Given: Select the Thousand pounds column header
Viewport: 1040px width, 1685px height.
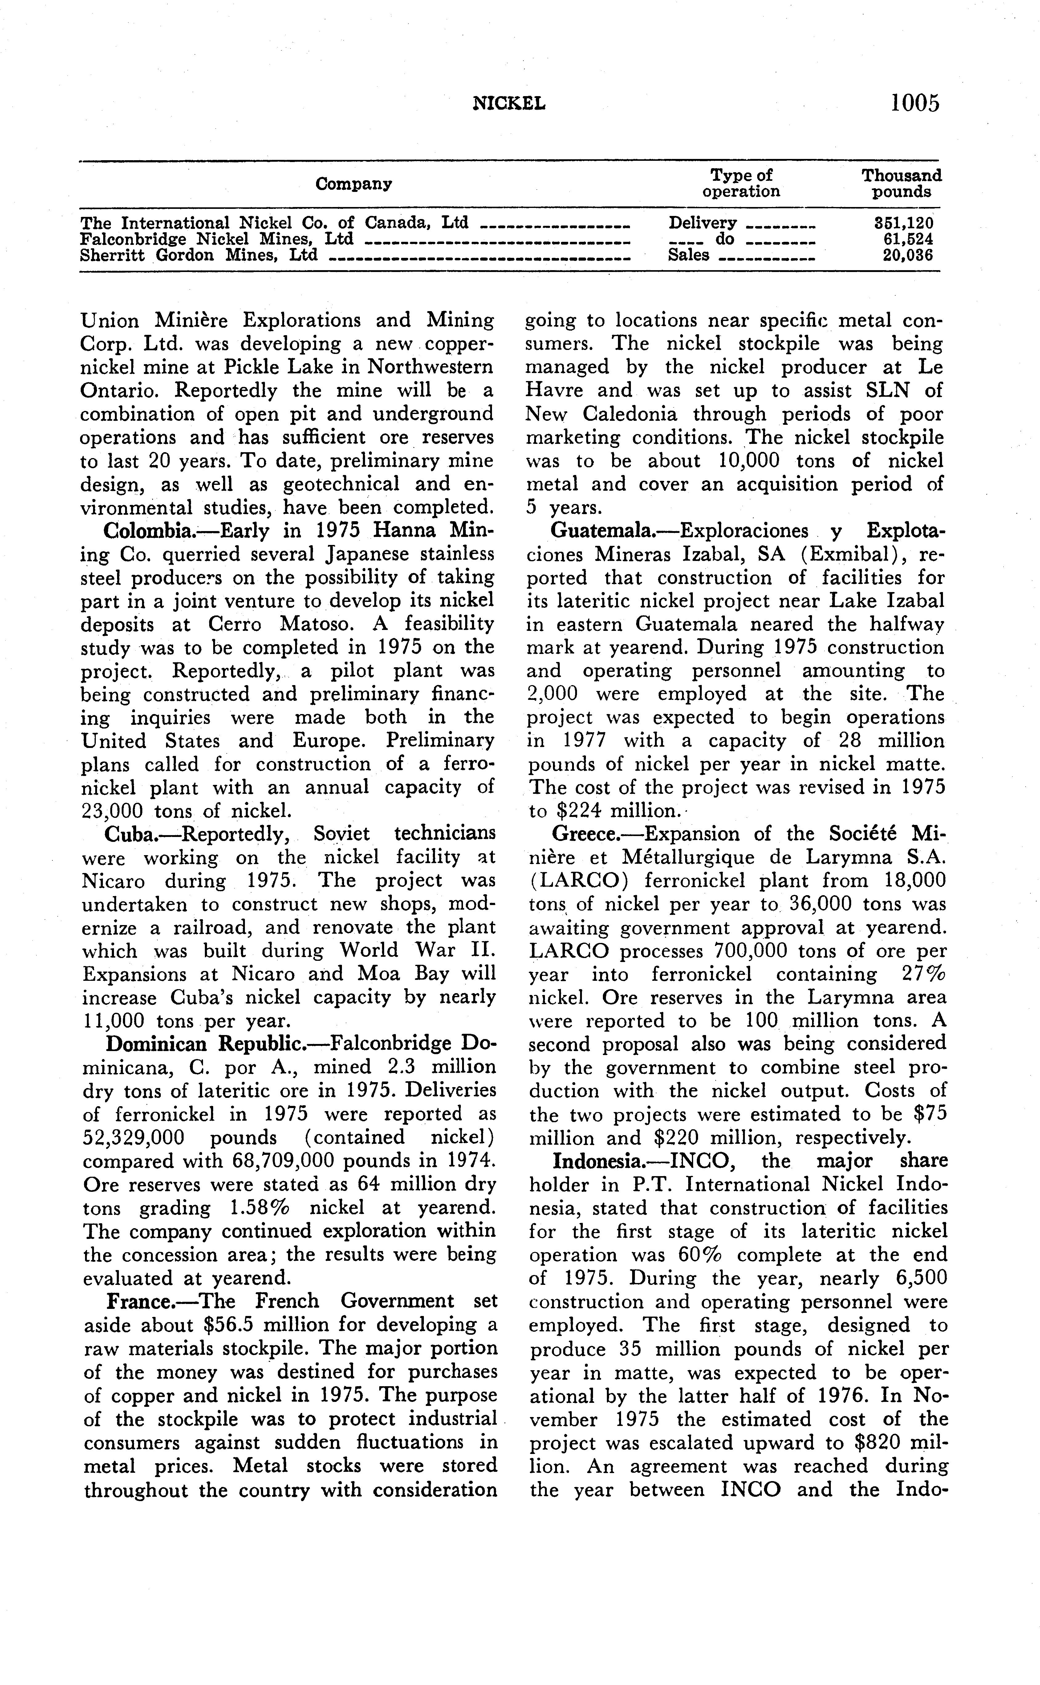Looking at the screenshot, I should tap(902, 184).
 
